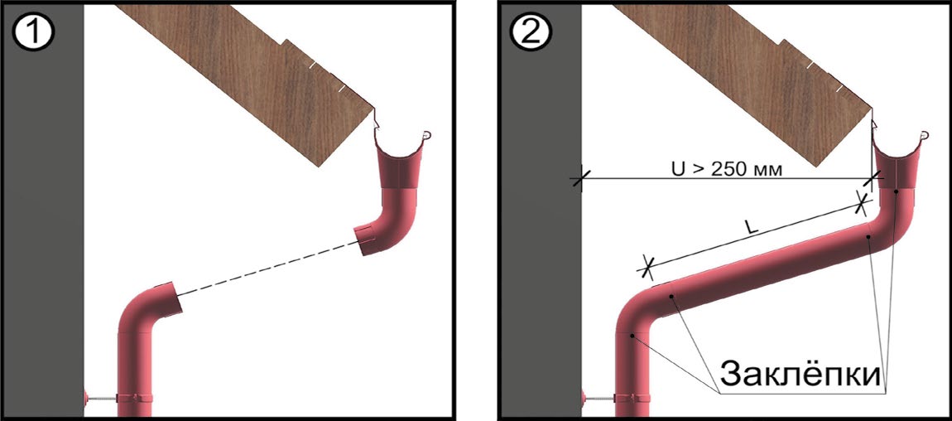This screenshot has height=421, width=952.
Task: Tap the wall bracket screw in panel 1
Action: [x=101, y=399]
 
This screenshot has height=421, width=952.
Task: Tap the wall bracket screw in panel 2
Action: [x=599, y=399]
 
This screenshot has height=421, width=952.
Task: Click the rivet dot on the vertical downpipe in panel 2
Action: [x=632, y=336]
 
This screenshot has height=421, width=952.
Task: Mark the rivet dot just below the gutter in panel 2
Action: [x=897, y=192]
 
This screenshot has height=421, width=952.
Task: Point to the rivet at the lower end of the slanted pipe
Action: [x=671, y=297]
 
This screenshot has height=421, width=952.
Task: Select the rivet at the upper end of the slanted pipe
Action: [x=869, y=236]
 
